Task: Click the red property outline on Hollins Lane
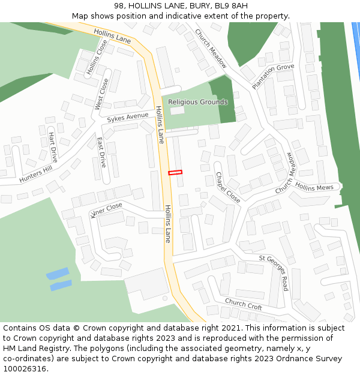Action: click(175, 173)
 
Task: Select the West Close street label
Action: click(101, 94)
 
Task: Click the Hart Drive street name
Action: click(53, 147)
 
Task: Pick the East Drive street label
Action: click(101, 152)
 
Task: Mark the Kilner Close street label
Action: click(106, 210)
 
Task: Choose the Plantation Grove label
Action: click(273, 76)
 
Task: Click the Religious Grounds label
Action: click(197, 102)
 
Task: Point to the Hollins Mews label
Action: click(314, 187)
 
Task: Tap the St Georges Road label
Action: click(274, 272)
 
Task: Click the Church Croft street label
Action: click(243, 304)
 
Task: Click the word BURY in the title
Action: click(193, 6)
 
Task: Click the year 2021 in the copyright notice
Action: click(230, 328)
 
